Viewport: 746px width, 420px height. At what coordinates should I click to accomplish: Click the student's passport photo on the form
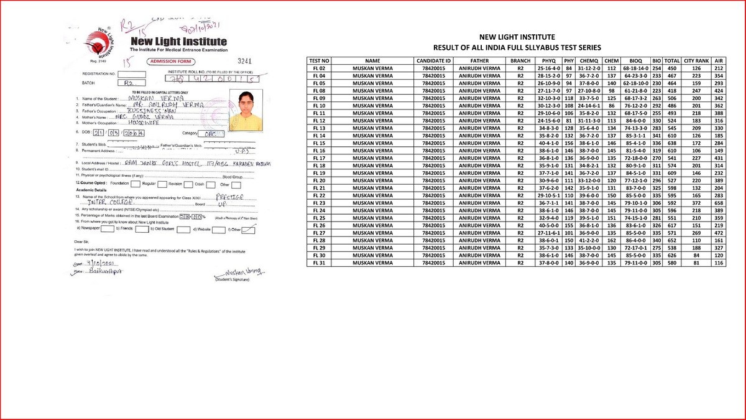[x=247, y=105]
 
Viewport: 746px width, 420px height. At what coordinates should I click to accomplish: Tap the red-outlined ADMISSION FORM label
[x=171, y=62]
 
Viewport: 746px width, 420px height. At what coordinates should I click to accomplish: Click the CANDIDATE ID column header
[x=433, y=60]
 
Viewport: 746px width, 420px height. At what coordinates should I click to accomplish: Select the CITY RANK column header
[x=696, y=60]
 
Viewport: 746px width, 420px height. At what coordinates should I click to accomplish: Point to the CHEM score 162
[x=611, y=240]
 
